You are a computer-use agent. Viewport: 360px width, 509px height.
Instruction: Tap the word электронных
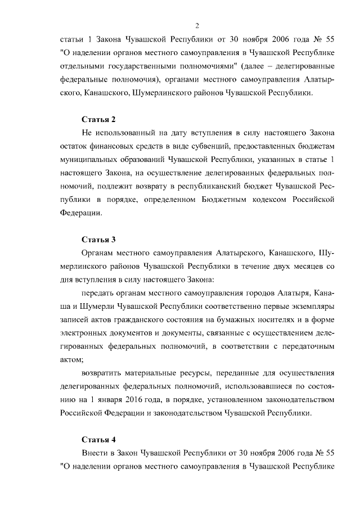coord(84,332)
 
